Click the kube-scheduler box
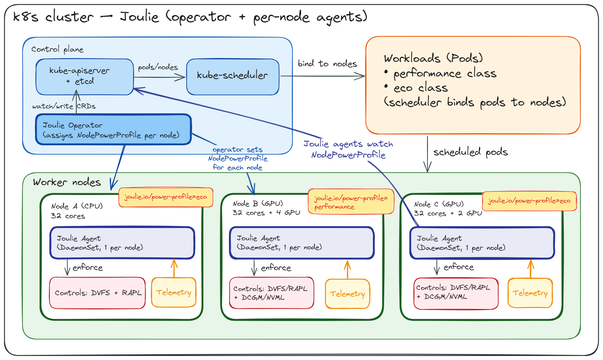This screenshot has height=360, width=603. (232, 77)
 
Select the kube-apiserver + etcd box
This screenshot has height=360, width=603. (84, 77)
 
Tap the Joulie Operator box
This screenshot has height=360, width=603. (113, 130)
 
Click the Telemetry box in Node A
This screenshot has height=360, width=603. (174, 292)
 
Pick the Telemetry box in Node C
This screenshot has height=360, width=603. (530, 293)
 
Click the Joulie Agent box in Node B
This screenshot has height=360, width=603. (301, 243)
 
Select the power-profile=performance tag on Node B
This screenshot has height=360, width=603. (351, 202)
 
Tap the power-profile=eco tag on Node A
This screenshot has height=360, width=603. (166, 197)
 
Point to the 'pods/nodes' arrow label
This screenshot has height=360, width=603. (158, 67)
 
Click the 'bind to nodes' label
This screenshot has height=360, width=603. (327, 64)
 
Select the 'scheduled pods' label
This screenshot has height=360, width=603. (470, 152)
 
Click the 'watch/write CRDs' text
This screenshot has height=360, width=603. (64, 106)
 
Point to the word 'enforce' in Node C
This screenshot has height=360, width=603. (458, 267)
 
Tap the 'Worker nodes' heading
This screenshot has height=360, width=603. (67, 182)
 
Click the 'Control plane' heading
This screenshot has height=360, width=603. (57, 49)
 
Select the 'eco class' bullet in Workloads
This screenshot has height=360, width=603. (420, 88)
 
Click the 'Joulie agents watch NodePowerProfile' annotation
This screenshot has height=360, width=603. (348, 149)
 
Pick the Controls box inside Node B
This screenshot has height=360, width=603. (271, 293)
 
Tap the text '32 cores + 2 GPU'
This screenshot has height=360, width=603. (448, 213)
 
